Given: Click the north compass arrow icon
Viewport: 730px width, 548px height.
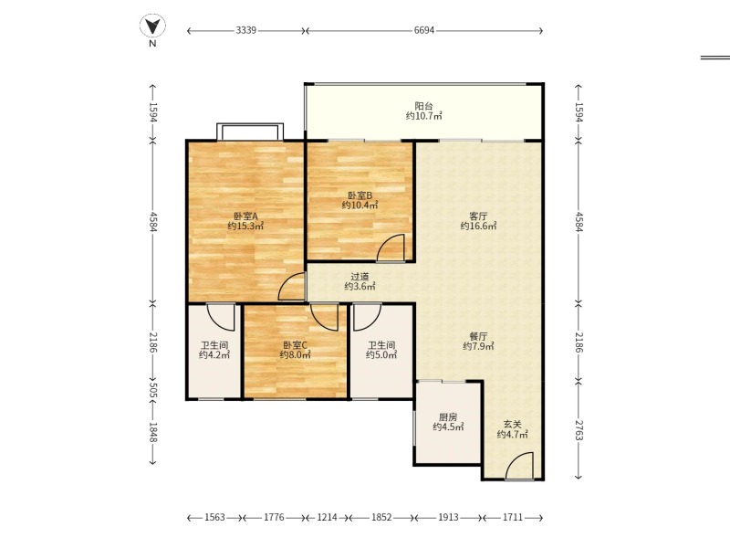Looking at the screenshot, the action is point(152,26).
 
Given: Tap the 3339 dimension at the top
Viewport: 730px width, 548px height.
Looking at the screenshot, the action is point(245,30).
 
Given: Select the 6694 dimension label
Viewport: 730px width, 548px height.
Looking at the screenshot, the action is point(424,30).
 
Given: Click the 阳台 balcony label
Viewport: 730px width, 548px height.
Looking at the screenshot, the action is point(423,106).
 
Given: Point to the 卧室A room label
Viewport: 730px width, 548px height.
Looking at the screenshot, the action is point(245,216).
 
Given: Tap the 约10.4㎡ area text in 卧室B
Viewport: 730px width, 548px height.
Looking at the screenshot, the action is point(360,205).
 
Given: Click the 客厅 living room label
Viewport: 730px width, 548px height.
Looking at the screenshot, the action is point(478,216).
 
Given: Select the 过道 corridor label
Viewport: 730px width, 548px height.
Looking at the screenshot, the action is point(360,277).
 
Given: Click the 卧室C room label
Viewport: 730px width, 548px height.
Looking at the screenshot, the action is point(295,345).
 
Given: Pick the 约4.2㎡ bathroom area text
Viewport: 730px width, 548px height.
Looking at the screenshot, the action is point(214,355).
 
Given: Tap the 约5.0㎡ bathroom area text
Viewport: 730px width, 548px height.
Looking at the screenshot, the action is point(381,355).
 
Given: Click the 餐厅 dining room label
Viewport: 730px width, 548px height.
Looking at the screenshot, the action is point(478,336).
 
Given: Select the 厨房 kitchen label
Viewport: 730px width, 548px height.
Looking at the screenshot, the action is point(448,417).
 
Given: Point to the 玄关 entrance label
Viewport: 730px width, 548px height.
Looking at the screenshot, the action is point(512,425).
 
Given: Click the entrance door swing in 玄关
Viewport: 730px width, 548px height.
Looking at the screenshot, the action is point(519,466).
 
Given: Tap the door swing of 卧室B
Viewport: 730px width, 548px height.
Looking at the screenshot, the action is point(391,248).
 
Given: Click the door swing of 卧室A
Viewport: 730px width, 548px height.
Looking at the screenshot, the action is point(292,287).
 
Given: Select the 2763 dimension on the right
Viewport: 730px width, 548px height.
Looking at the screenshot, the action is point(579,430).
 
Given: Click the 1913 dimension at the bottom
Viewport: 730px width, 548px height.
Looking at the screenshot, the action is point(448,517).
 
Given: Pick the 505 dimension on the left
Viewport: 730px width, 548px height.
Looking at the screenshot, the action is point(153,391).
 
